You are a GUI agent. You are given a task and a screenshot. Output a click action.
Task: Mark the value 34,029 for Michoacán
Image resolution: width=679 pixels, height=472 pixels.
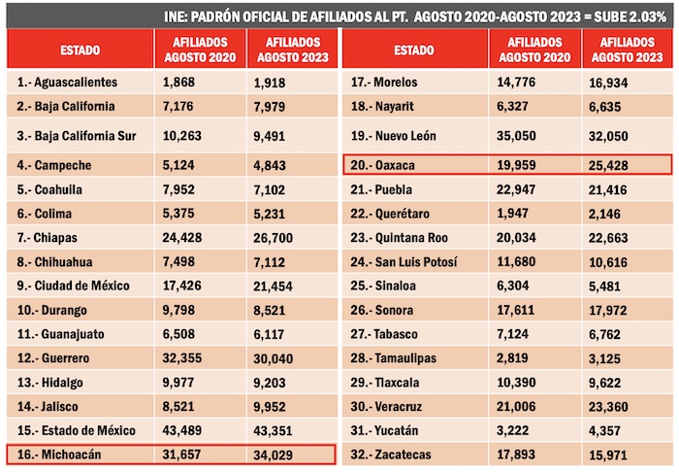(x=275, y=454)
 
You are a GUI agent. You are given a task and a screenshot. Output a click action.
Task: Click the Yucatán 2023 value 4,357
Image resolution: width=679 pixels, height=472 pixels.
(x=605, y=429)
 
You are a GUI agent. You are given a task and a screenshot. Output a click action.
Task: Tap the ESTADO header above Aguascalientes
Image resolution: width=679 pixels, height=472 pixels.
(x=80, y=49)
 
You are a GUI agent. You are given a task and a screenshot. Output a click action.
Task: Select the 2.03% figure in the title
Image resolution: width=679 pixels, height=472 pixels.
(x=649, y=16)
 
